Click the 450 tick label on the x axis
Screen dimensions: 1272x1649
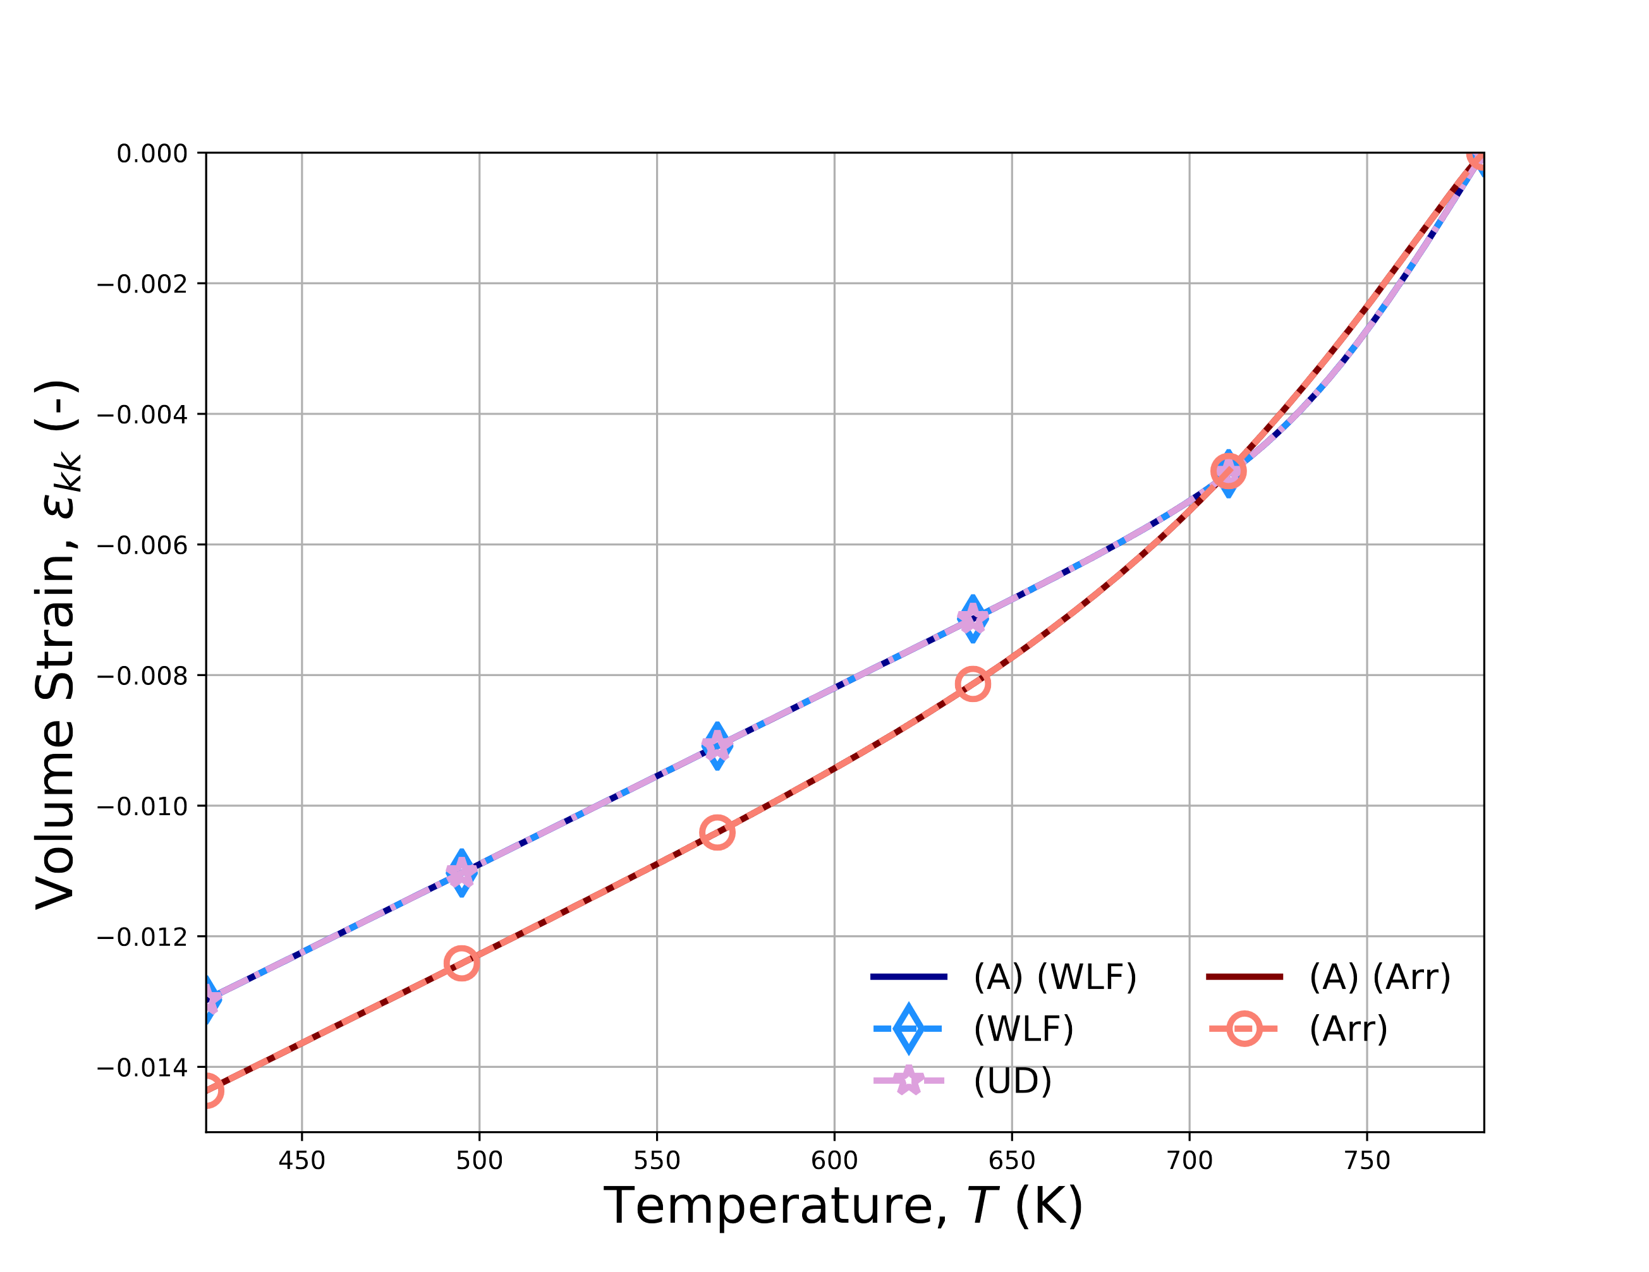(301, 1160)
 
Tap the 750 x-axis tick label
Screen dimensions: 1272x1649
(1366, 1160)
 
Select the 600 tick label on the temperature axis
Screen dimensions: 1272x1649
(834, 1160)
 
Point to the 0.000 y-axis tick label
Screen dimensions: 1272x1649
(152, 154)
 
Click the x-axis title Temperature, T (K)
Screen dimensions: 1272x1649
(843, 1206)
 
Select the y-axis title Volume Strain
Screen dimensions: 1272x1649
(58, 645)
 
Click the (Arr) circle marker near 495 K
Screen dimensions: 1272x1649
(461, 963)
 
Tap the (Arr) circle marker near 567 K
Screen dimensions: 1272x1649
(717, 833)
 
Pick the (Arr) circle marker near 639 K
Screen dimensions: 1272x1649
(973, 684)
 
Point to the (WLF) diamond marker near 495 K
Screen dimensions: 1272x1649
(461, 873)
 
